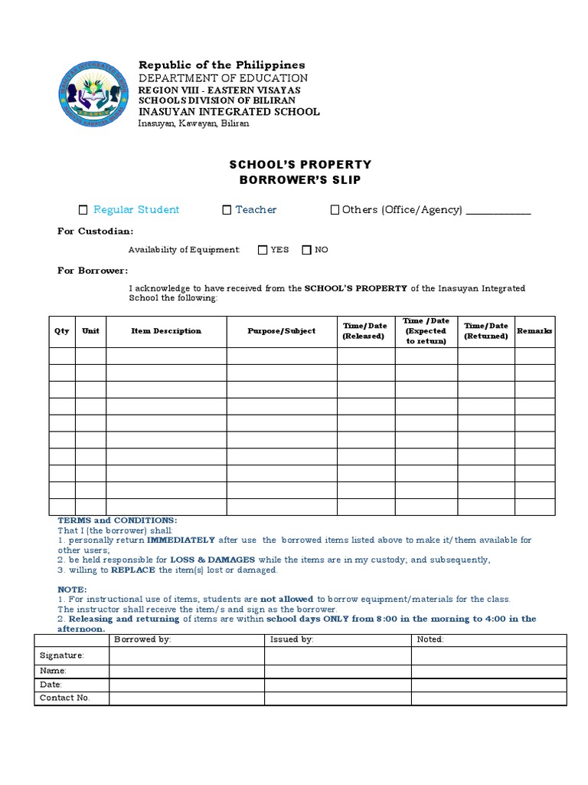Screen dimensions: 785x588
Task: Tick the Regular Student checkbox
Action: click(x=83, y=210)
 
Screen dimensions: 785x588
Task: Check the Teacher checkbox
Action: click(x=227, y=210)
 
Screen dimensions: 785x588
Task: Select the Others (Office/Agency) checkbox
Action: click(x=335, y=210)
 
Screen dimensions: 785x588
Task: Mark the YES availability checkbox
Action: click(x=263, y=249)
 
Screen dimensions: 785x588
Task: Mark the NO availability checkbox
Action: click(x=306, y=249)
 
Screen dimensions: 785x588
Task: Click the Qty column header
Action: click(x=62, y=331)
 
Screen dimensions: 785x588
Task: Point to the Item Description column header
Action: click(x=166, y=331)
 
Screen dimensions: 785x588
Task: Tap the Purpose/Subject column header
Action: click(x=281, y=331)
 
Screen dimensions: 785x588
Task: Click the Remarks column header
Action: click(x=534, y=331)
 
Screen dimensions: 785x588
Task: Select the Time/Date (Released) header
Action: click(x=365, y=331)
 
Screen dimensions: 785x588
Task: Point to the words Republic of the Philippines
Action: click(x=221, y=65)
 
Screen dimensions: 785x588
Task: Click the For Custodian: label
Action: click(x=96, y=231)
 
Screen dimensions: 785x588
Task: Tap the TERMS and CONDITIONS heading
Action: click(x=117, y=521)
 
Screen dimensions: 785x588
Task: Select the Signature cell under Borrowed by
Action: click(x=187, y=655)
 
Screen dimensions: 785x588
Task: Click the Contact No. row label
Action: click(x=65, y=698)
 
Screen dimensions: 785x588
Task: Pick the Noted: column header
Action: click(x=430, y=639)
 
